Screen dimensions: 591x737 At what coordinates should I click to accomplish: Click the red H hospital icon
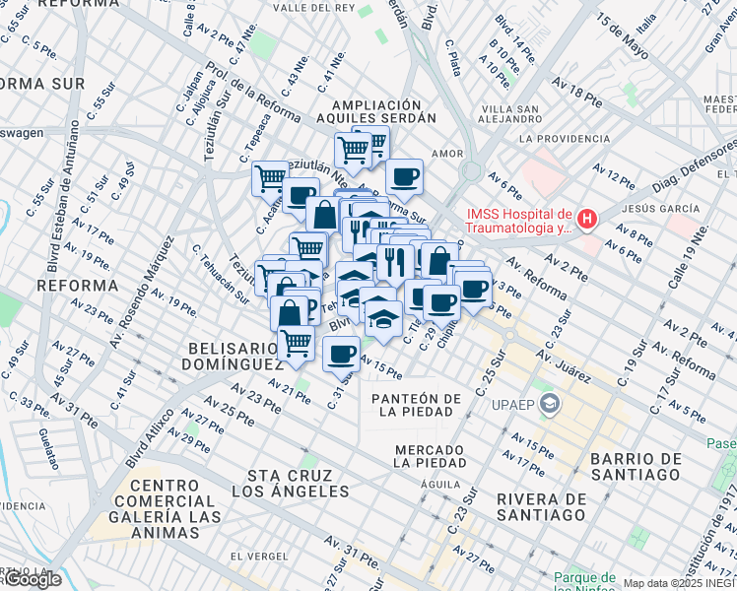pos(587,218)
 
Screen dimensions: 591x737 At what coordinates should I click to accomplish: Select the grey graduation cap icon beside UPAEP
pos(549,404)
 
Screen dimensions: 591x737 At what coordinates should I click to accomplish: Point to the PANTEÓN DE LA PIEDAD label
pos(416,406)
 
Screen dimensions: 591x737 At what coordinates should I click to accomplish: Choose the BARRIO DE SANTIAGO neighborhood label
pos(635,467)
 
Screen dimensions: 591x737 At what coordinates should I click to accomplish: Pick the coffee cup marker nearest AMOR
pos(404,176)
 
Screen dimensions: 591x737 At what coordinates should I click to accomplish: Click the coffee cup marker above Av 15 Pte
pos(341,353)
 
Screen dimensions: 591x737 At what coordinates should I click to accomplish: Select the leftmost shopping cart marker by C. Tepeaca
pos(269,178)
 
